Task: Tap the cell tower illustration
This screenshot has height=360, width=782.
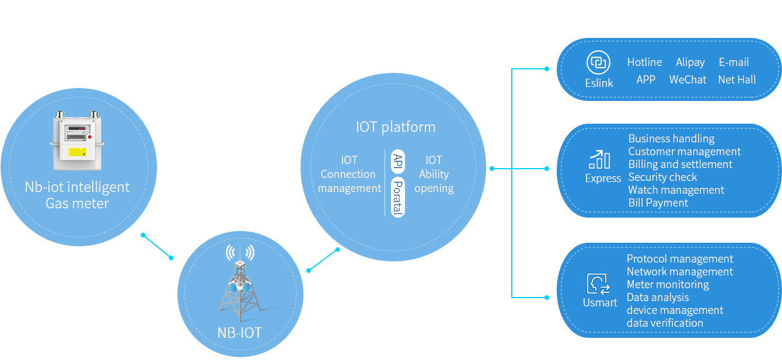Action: coord(240,286)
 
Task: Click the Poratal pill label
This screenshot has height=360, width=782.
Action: coord(397,197)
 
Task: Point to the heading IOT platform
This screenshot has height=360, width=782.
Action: coord(395,127)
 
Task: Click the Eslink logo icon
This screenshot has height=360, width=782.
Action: coord(598,62)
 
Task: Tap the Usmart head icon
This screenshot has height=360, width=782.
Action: coord(599,284)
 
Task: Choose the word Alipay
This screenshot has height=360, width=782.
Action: coord(690,62)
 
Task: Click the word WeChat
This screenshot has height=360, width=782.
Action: coord(687,79)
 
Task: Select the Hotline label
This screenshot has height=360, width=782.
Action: coord(644,62)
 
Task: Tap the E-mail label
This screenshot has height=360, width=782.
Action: coord(734,62)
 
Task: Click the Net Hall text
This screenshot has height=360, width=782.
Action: coord(736,79)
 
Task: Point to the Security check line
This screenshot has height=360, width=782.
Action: coord(662,177)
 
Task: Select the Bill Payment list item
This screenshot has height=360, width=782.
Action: coord(658,202)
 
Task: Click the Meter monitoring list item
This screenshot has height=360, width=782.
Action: coord(668,284)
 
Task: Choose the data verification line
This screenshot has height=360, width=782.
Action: coord(665,323)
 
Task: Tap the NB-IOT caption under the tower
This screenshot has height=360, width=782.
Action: coord(239,333)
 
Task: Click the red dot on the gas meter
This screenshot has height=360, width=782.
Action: coord(89,138)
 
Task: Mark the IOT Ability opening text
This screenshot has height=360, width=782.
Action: coord(434,174)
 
